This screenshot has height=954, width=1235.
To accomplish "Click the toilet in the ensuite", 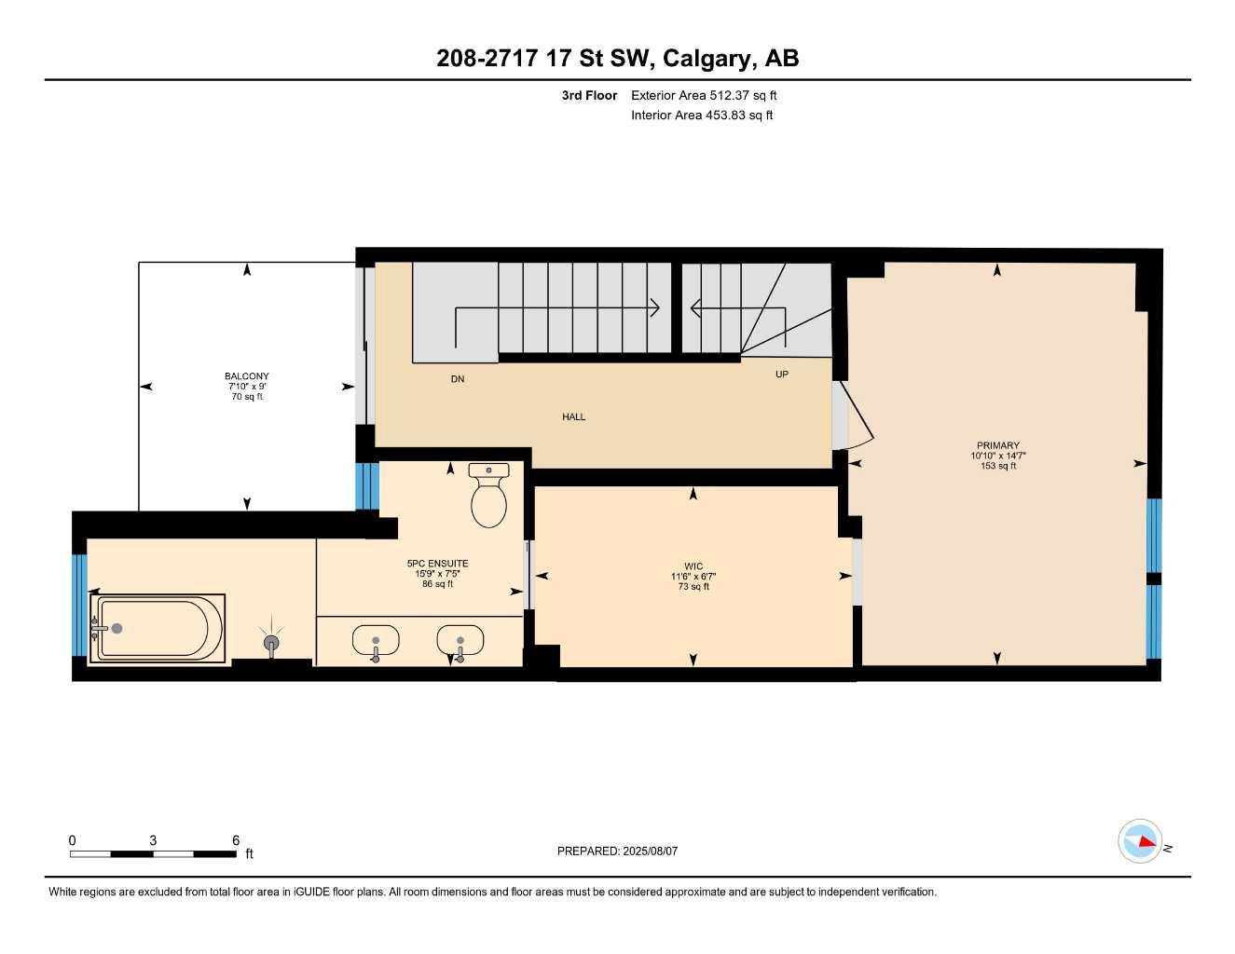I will pos(488,497).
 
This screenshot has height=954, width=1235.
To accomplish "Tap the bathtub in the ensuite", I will pos(158,629).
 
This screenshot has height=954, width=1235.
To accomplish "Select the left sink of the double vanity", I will pos(376,641).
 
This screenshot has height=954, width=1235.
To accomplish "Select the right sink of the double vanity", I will pos(460,641).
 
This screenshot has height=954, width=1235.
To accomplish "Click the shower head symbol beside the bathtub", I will pos(271,642).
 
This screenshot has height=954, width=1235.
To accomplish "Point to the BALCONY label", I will pos(247,376).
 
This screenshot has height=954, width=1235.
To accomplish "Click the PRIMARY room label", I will pos(997,445).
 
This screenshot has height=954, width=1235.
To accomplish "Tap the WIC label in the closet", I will pos(693,566).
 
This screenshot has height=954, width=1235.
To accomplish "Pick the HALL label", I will pos(573,416).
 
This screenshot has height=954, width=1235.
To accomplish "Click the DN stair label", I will pos(457,379).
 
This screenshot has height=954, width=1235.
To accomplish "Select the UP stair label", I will pos(781,375).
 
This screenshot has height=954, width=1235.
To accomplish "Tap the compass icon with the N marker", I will pos(1140,841).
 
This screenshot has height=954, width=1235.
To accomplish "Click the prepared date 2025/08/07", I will pos(617,851).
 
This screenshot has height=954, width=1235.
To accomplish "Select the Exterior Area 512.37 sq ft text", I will pos(704,95).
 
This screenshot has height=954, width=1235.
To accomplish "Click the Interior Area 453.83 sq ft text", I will pos(702,116).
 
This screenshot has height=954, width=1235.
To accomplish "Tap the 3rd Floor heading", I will pos(589,95).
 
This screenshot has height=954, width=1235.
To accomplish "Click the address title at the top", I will pos(617,58).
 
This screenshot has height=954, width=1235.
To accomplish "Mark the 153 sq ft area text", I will pos(997,466).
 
